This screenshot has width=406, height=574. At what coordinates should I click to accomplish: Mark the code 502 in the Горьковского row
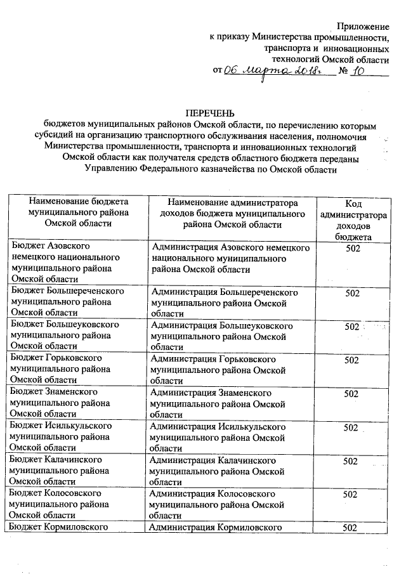point(351,360)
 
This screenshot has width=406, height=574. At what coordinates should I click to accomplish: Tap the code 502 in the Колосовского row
point(351,494)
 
